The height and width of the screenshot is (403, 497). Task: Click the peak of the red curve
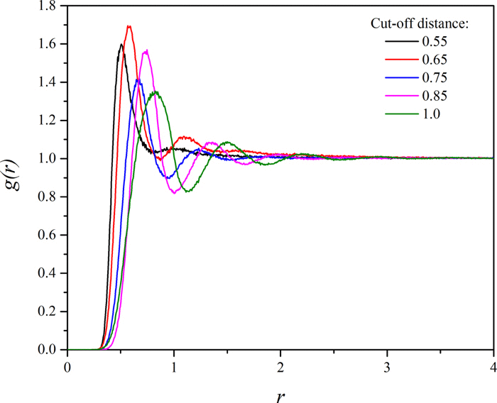coord(129,26)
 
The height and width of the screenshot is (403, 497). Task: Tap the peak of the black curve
coord(121,45)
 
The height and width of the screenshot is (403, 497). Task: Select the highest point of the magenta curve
coord(146,50)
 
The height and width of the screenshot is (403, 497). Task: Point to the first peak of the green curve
coord(155,92)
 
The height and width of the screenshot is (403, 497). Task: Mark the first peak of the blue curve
coord(138,80)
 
